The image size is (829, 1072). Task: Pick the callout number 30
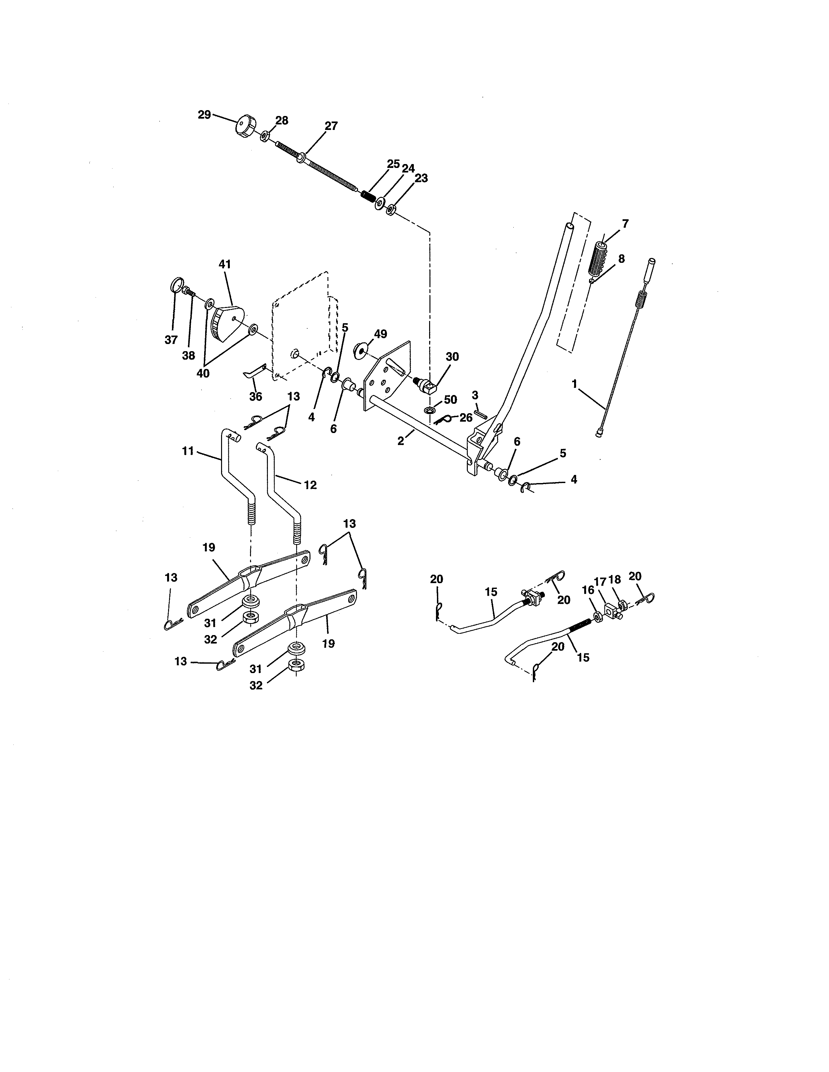point(452,357)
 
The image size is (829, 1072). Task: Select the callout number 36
point(256,396)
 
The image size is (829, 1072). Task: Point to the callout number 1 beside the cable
point(574,384)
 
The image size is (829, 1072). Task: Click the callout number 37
point(171,340)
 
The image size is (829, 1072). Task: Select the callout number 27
point(332,126)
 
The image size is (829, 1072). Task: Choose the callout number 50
point(450,400)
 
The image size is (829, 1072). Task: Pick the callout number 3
point(475,395)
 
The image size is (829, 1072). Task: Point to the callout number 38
point(189,355)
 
